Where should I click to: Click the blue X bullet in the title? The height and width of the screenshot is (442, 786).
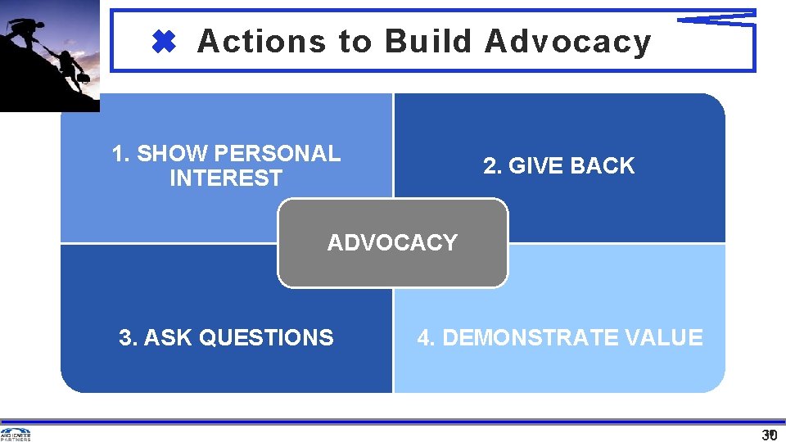tap(165, 42)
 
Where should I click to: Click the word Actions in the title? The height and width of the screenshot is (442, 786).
tap(261, 41)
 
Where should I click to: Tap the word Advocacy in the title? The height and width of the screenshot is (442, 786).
tap(567, 41)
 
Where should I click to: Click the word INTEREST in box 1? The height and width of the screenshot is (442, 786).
tap(226, 178)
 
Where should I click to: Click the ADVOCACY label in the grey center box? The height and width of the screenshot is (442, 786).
tap(392, 243)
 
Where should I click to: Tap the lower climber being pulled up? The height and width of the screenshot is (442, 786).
tap(70, 69)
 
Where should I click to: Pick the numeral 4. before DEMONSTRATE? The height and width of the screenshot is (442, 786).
tap(426, 337)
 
